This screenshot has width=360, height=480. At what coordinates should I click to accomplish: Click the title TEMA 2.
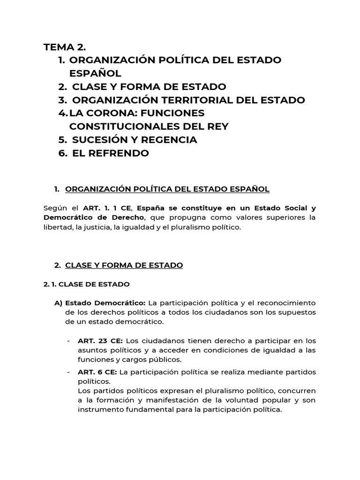(65, 47)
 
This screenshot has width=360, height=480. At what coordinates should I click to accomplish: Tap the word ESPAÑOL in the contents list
(95, 74)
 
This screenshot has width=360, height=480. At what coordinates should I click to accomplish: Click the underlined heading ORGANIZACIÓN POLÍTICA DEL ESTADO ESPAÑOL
(167, 189)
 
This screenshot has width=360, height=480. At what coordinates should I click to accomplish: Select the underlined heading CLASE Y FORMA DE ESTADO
(124, 265)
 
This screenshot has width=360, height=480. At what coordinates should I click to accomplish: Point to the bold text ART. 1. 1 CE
(107, 208)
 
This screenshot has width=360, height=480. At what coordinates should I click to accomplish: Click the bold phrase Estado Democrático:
(105, 303)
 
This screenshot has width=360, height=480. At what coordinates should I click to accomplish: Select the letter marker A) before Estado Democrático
(59, 303)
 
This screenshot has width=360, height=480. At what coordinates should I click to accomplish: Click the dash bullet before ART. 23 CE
(69, 341)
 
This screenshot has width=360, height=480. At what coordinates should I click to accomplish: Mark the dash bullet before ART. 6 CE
(69, 372)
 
